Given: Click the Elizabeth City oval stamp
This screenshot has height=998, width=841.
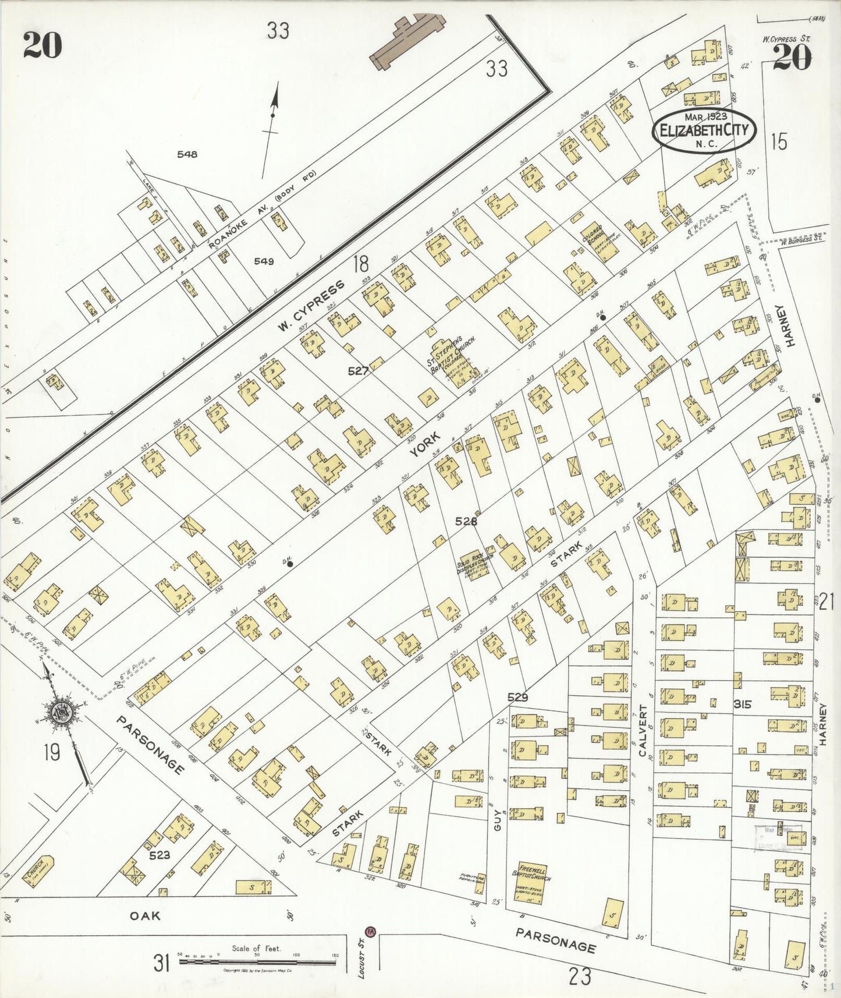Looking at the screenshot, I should [704, 130].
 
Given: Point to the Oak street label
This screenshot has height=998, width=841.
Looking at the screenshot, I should [144, 916].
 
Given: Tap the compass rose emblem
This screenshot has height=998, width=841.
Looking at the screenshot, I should [61, 712].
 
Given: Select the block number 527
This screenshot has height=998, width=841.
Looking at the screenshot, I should [358, 370].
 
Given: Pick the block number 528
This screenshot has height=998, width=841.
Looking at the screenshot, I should [466, 521].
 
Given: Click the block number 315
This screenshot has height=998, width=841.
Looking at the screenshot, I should [743, 704].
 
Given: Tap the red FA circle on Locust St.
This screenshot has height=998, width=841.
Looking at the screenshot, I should [371, 931].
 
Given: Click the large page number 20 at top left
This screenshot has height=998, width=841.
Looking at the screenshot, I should [42, 45].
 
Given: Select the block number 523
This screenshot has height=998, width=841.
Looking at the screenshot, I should [159, 855].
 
